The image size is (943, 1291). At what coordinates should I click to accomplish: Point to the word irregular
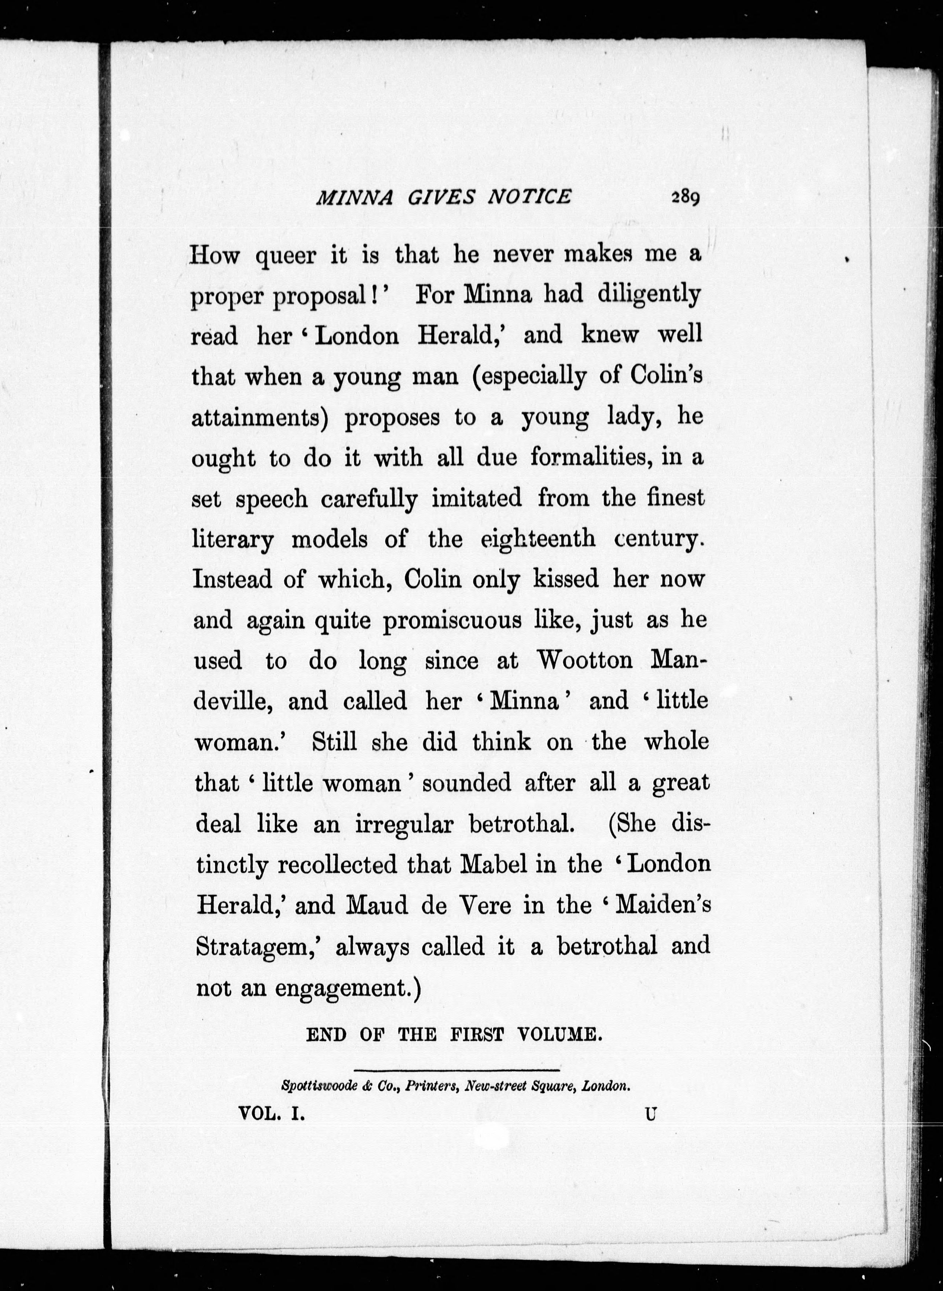point(404,824)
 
